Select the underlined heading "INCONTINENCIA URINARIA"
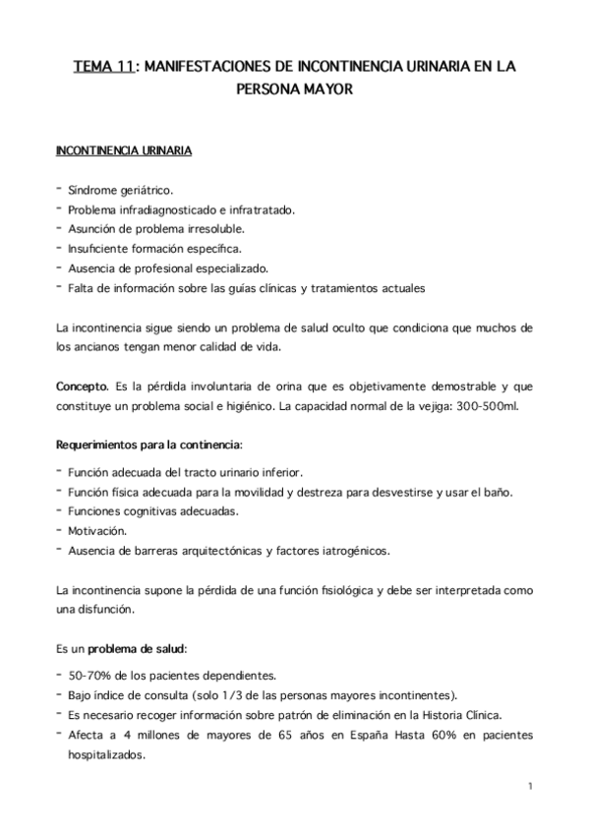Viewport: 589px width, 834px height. (x=123, y=152)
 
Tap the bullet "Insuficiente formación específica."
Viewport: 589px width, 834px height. (x=154, y=248)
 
